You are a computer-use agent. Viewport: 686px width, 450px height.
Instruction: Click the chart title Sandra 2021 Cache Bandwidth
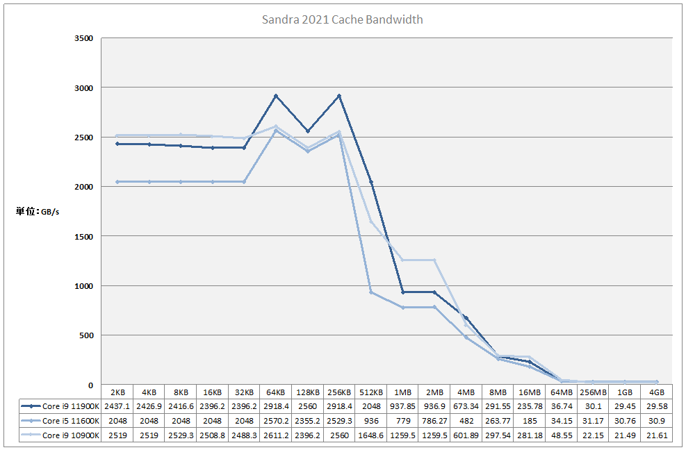point(342,19)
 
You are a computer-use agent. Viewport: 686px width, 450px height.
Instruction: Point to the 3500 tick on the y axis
point(83,38)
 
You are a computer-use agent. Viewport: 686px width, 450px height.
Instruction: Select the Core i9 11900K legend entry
point(60,406)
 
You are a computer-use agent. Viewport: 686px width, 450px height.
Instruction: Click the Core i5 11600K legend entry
point(60,420)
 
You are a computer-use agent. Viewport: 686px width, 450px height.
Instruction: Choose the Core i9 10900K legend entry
point(60,435)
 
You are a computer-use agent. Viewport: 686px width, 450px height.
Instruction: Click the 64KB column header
point(276,392)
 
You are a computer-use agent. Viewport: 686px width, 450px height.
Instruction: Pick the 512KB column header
point(371,392)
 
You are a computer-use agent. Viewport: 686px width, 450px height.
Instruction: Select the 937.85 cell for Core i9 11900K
point(402,406)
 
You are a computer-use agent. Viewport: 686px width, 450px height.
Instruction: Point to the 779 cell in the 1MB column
point(402,420)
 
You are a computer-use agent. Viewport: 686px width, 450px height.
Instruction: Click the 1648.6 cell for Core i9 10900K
point(371,435)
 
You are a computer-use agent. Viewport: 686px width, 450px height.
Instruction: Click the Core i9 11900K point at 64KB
point(276,96)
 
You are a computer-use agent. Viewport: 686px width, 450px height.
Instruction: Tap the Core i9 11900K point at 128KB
point(307,131)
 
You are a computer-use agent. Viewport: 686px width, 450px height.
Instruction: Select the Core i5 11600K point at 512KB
point(371,292)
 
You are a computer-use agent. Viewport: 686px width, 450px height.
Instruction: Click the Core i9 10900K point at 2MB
point(434,260)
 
